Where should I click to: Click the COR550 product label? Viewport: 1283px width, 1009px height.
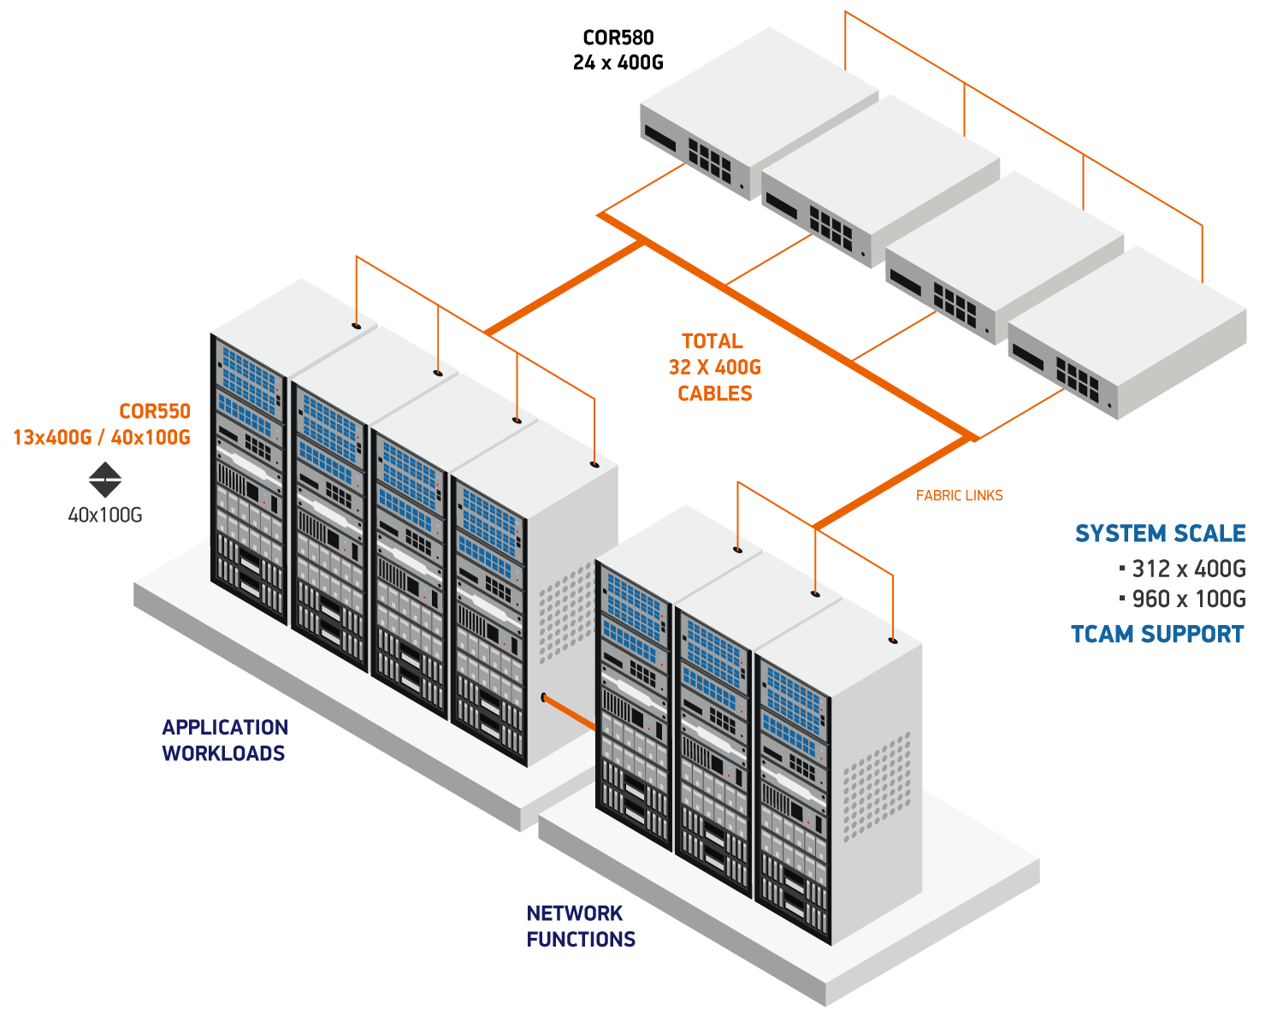click(154, 411)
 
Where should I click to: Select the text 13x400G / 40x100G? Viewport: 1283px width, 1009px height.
click(101, 437)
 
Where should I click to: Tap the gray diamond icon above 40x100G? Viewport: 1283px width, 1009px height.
click(105, 480)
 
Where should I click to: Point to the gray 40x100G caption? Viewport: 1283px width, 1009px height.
click(105, 515)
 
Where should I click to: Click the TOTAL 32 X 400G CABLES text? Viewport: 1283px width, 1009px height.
click(714, 368)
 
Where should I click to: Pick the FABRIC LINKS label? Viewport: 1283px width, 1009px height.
click(959, 496)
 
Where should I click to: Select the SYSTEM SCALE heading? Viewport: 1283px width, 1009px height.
click(1160, 534)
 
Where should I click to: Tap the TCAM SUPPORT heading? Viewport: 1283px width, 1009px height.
click(1157, 634)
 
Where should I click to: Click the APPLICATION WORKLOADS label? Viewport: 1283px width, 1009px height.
click(225, 741)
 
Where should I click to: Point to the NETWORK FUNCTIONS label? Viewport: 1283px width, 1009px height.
click(580, 926)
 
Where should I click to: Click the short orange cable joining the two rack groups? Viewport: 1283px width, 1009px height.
click(569, 713)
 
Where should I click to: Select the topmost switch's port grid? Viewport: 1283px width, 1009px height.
click(711, 162)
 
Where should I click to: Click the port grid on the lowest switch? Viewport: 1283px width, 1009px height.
click(1077, 380)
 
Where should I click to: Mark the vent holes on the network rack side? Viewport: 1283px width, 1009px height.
click(876, 787)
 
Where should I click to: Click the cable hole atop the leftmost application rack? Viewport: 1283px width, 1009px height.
click(356, 325)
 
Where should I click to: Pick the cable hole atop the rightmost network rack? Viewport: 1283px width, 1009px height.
click(893, 640)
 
